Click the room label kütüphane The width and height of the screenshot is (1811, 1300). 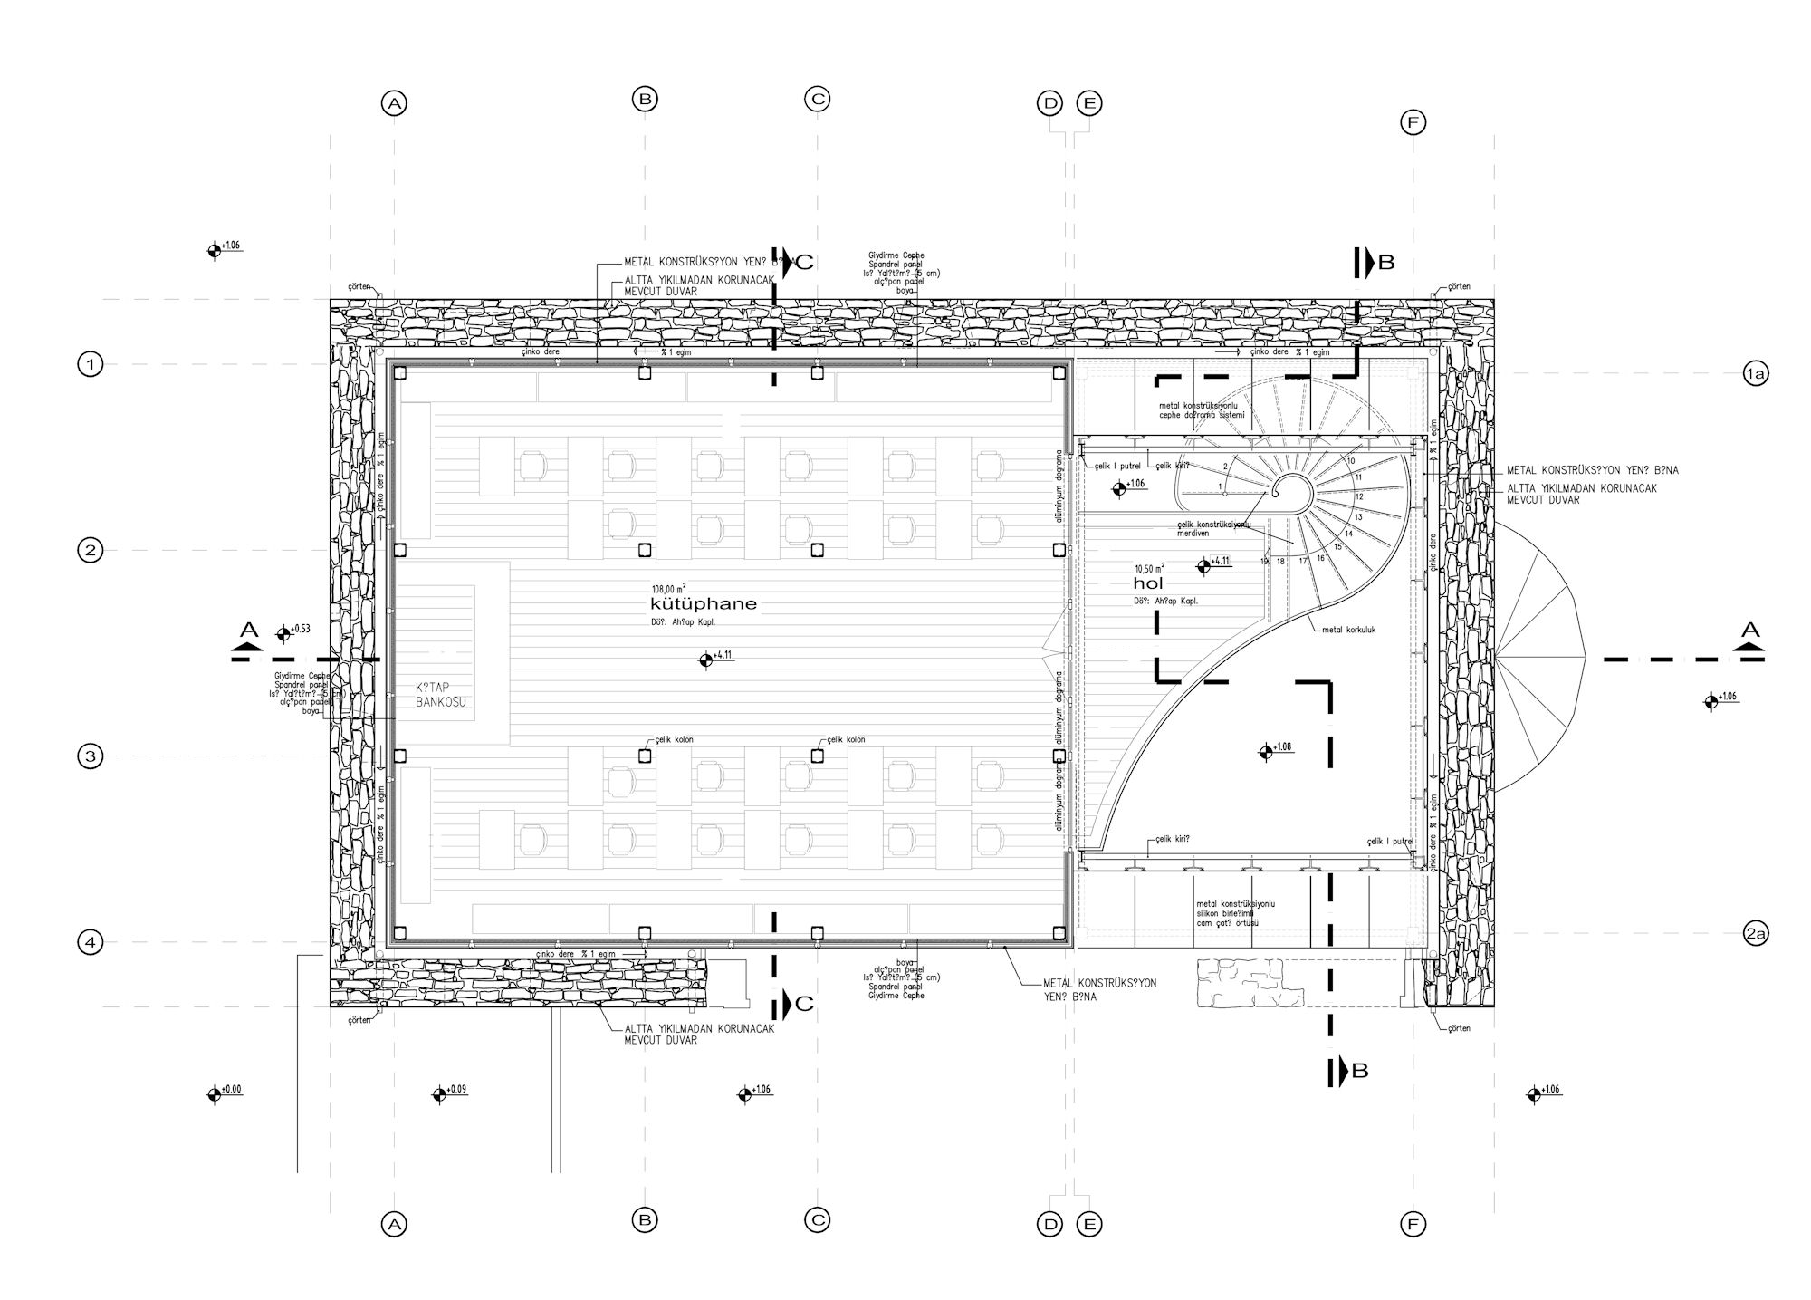pyautogui.click(x=704, y=604)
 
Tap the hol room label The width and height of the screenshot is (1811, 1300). pyautogui.click(x=1147, y=583)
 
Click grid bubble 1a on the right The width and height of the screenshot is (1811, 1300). pyautogui.click(x=1755, y=373)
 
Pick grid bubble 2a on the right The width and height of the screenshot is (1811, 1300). pyautogui.click(x=1755, y=933)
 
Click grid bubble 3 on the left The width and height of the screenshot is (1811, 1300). pyautogui.click(x=90, y=756)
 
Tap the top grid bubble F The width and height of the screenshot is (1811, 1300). pyautogui.click(x=1413, y=122)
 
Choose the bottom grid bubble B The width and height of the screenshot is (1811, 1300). pyautogui.click(x=645, y=1220)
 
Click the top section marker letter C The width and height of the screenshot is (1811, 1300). pyautogui.click(x=804, y=263)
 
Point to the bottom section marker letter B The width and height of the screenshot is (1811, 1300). pyautogui.click(x=1359, y=1071)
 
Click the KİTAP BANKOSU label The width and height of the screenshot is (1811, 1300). pyautogui.click(x=440, y=695)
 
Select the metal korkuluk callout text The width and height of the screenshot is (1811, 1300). pyautogui.click(x=1348, y=630)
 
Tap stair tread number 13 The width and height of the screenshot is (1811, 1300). pyautogui.click(x=1358, y=516)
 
